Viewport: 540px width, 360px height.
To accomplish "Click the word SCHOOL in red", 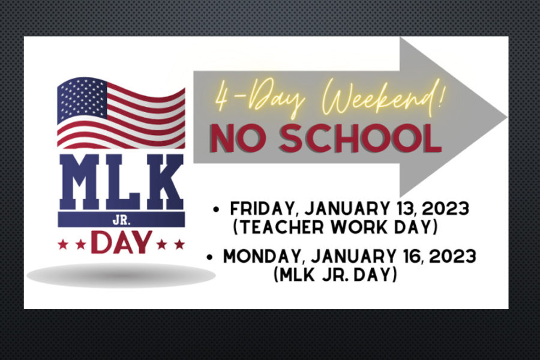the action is (360, 138).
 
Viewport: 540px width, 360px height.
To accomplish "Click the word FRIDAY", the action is (262, 209).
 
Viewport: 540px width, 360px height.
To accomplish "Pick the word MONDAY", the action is (262, 257).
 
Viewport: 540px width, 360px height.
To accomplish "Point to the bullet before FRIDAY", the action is (216, 209).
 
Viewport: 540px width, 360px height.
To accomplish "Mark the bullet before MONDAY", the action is (209, 257).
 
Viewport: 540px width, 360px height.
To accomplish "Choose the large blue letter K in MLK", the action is (163, 182).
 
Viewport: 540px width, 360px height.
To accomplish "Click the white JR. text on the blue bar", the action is (121, 220).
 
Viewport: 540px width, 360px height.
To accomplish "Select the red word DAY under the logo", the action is (122, 242).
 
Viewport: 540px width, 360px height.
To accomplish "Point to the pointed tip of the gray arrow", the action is (506, 118).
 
